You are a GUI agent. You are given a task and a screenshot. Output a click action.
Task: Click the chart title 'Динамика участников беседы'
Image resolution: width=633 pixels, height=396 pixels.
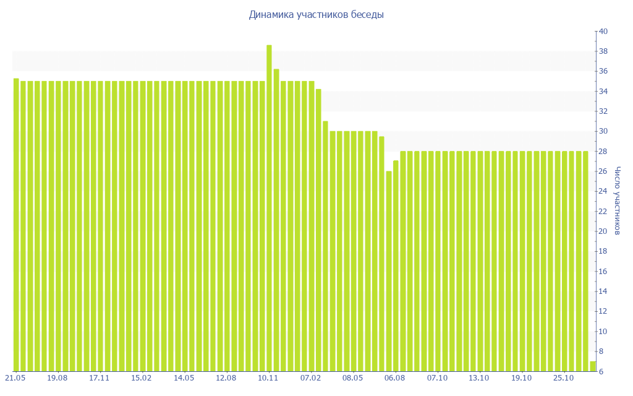(316, 14)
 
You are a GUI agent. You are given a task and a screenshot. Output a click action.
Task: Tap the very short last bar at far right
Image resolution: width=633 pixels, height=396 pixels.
(593, 366)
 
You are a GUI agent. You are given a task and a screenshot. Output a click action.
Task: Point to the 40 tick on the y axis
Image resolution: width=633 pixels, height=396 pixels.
(603, 32)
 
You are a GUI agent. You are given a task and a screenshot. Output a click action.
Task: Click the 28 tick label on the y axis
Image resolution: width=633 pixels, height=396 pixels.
(603, 152)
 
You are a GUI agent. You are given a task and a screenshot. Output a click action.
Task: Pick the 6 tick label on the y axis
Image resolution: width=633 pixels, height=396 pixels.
(601, 372)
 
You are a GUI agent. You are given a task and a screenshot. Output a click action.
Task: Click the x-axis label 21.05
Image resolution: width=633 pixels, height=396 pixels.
(15, 377)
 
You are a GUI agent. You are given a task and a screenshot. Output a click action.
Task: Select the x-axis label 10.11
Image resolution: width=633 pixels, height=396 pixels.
(268, 377)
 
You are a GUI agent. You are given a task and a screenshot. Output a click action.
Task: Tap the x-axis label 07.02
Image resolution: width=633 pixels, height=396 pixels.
(311, 377)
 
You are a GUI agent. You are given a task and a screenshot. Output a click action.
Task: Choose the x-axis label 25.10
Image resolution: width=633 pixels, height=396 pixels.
(564, 377)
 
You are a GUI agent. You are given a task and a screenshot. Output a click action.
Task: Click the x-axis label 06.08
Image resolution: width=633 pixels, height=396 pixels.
(395, 377)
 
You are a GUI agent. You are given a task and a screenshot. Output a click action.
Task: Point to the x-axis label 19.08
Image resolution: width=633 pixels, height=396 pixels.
(57, 377)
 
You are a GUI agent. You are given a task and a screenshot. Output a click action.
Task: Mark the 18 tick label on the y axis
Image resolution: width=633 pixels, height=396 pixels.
(603, 252)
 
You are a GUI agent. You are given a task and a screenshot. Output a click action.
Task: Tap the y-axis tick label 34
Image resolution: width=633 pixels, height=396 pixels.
(603, 92)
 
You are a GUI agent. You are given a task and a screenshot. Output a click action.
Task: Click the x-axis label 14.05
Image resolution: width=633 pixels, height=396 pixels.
(184, 377)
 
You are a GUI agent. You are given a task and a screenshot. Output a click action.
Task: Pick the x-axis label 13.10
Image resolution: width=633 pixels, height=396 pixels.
(480, 377)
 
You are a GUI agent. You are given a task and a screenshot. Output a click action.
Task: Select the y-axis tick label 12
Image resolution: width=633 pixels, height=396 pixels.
(603, 312)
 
